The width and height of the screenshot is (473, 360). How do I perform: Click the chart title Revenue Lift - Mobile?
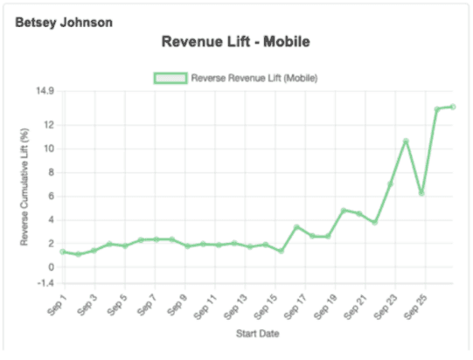click(x=236, y=41)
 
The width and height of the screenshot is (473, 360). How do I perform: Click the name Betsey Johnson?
click(x=63, y=22)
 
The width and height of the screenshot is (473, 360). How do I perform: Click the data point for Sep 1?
click(x=63, y=252)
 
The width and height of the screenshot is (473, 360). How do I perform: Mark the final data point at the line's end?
click(x=453, y=107)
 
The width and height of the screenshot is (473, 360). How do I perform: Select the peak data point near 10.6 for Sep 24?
click(x=406, y=141)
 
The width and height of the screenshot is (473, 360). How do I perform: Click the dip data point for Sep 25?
click(x=421, y=192)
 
